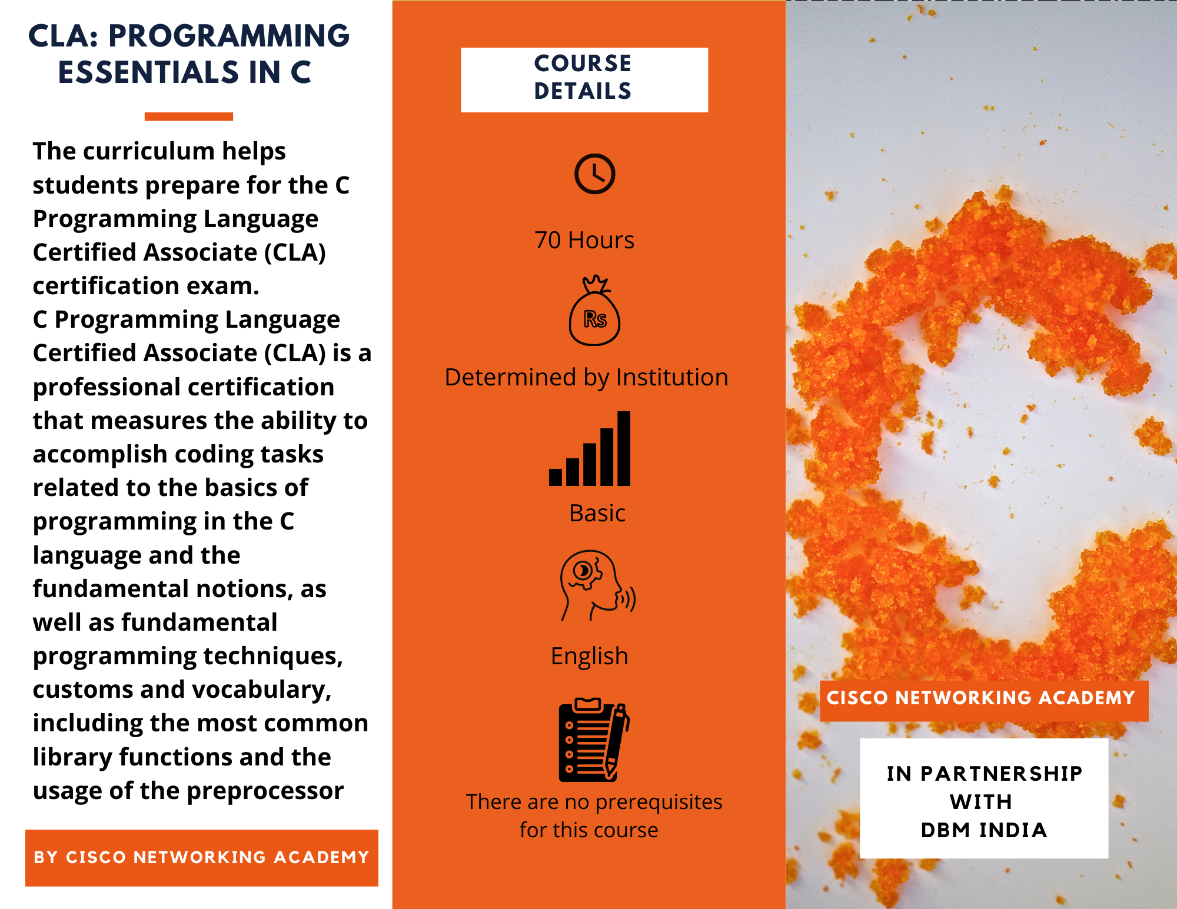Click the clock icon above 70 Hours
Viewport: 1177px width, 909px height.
594,174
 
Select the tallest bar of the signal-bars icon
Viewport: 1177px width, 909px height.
624,448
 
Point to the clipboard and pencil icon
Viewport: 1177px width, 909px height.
594,740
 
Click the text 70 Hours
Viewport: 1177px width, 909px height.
584,240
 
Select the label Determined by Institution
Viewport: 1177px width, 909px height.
587,377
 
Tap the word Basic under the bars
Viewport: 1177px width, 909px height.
597,513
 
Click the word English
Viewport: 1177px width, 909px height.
590,657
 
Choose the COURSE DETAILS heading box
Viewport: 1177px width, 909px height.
584,80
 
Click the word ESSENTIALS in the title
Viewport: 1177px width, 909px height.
149,72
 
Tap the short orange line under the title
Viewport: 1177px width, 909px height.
189,116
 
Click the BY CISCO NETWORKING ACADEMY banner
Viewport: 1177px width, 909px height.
202,858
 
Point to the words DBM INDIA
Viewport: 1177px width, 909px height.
984,830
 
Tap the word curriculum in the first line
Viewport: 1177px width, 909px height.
148,151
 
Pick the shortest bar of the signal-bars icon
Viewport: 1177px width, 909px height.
556,477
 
